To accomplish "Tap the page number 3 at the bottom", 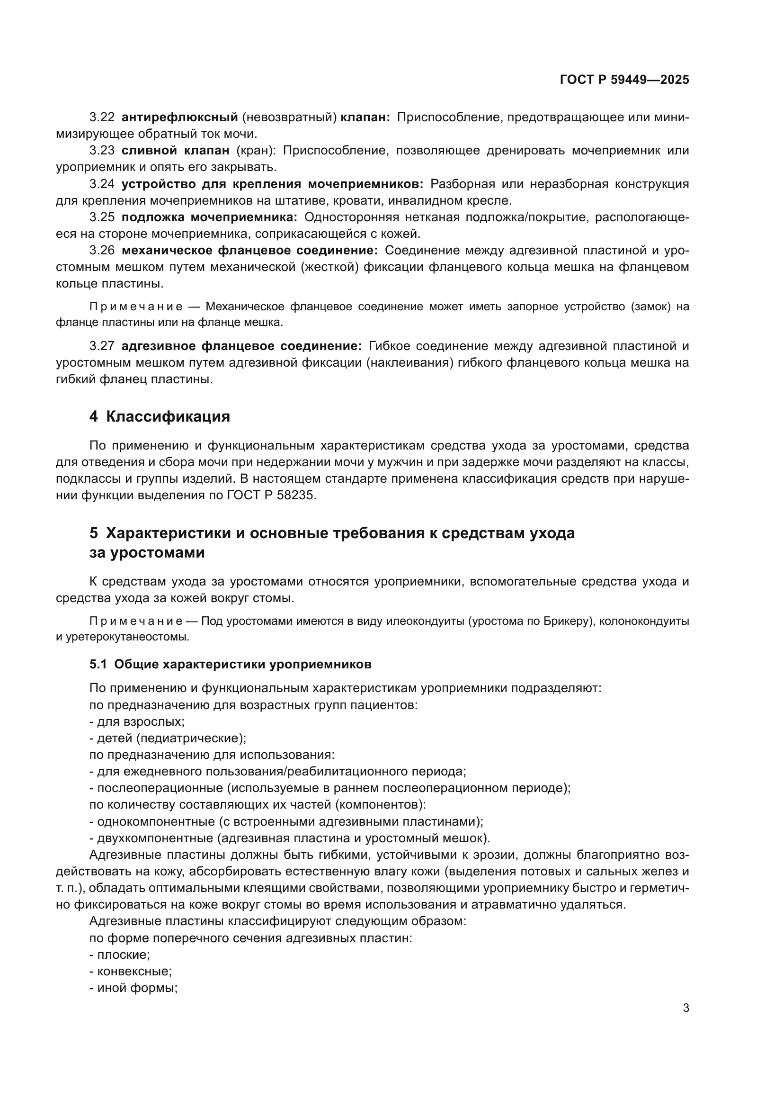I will pyautogui.click(x=685, y=1008).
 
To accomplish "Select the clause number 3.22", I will pyautogui.click(x=102, y=117).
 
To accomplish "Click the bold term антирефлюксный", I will pyautogui.click(x=180, y=117).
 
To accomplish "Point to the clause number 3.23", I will pyautogui.click(x=102, y=151).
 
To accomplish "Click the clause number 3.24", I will pyautogui.click(x=102, y=184).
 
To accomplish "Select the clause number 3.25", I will pyautogui.click(x=102, y=217).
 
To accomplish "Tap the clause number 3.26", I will pyautogui.click(x=102, y=251).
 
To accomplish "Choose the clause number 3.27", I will pyautogui.click(x=102, y=346).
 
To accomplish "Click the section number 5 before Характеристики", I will pyautogui.click(x=94, y=533).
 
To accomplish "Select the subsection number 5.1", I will pyautogui.click(x=98, y=665).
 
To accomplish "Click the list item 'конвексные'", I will pyautogui.click(x=134, y=972).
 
